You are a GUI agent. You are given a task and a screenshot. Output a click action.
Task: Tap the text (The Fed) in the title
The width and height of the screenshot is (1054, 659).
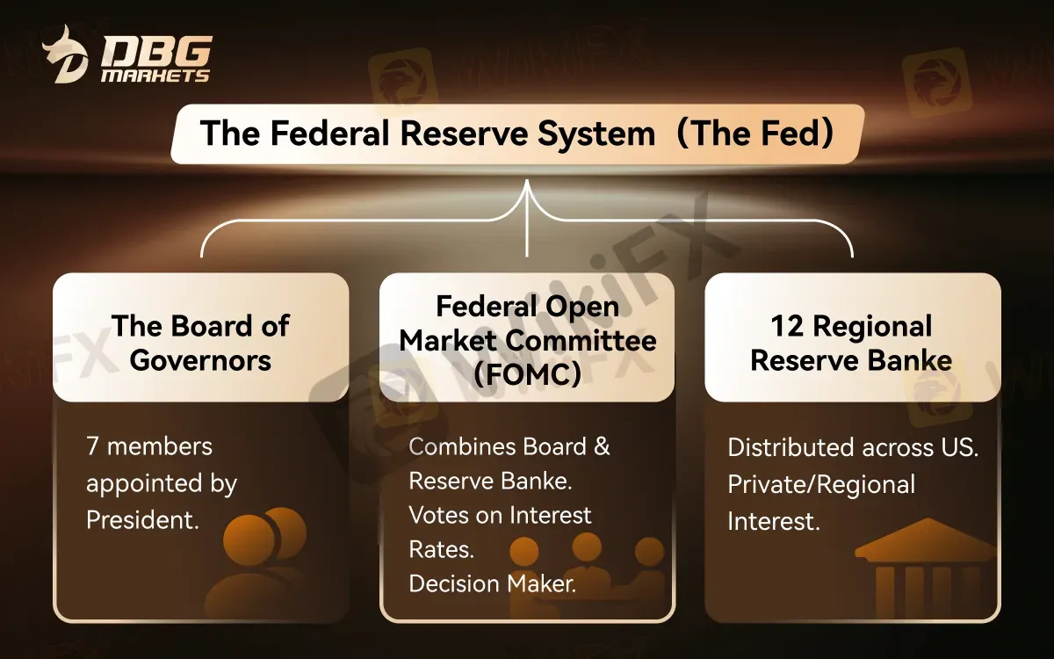tap(757, 134)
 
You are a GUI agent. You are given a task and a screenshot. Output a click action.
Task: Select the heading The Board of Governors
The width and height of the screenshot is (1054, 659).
tap(200, 343)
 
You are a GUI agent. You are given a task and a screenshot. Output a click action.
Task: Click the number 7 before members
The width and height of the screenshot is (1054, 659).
tap(92, 446)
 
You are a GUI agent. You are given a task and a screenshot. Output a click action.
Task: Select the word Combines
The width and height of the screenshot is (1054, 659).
tap(464, 446)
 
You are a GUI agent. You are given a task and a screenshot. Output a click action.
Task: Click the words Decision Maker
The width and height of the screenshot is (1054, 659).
tap(493, 583)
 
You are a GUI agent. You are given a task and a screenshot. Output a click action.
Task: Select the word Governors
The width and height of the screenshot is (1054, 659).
tap(200, 360)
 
